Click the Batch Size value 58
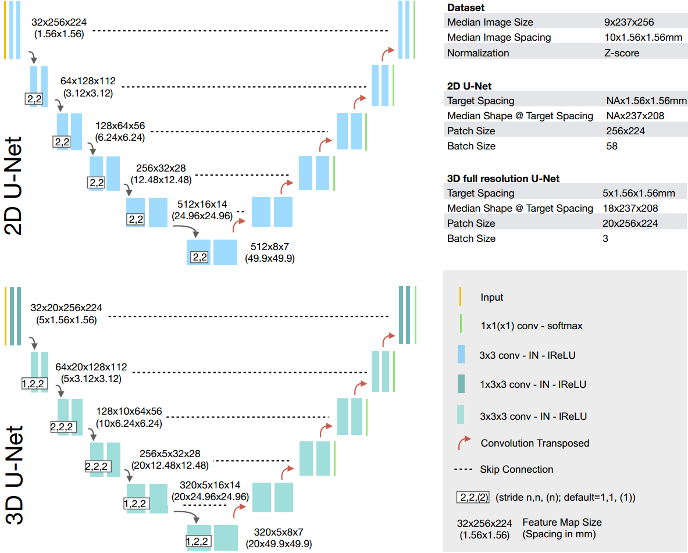(x=611, y=146)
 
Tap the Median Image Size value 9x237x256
(x=629, y=23)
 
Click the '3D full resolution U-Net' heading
(x=503, y=179)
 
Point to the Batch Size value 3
(x=605, y=238)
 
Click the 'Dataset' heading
(x=465, y=8)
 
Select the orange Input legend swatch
(x=461, y=297)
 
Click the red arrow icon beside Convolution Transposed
(x=465, y=443)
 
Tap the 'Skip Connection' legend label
(x=516, y=469)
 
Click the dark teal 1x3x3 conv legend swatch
(x=461, y=384)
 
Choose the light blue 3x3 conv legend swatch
(x=461, y=355)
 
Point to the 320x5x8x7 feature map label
(x=279, y=532)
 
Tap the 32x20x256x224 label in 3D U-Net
(x=67, y=308)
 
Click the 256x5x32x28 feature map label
(x=170, y=454)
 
